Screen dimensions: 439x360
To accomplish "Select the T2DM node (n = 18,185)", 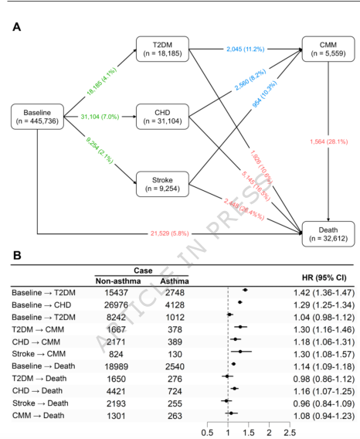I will coord(161,48).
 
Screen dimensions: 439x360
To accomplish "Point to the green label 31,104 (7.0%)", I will coord(99,117).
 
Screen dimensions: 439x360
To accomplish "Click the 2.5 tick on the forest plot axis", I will coord(288,432).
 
